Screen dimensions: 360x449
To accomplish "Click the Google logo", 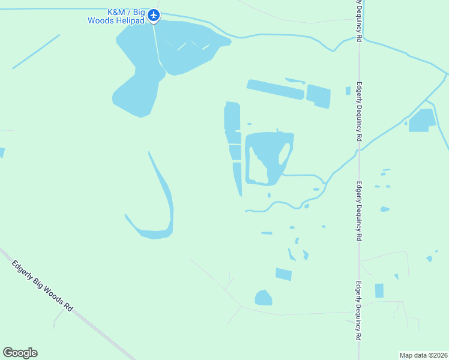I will point(20,353).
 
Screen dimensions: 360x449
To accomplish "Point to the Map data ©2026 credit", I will point(424,355).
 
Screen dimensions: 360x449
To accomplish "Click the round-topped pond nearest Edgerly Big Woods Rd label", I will point(263,298).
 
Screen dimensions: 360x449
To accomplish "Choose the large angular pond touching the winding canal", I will point(423,119).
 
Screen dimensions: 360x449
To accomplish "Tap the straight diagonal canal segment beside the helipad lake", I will point(36,51).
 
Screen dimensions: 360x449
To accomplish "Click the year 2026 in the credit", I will point(440,355).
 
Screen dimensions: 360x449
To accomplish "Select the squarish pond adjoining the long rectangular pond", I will point(318,97).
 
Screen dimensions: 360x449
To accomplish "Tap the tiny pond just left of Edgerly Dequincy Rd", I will point(348,91).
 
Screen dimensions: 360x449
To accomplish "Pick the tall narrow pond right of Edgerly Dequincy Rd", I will point(379,291).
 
